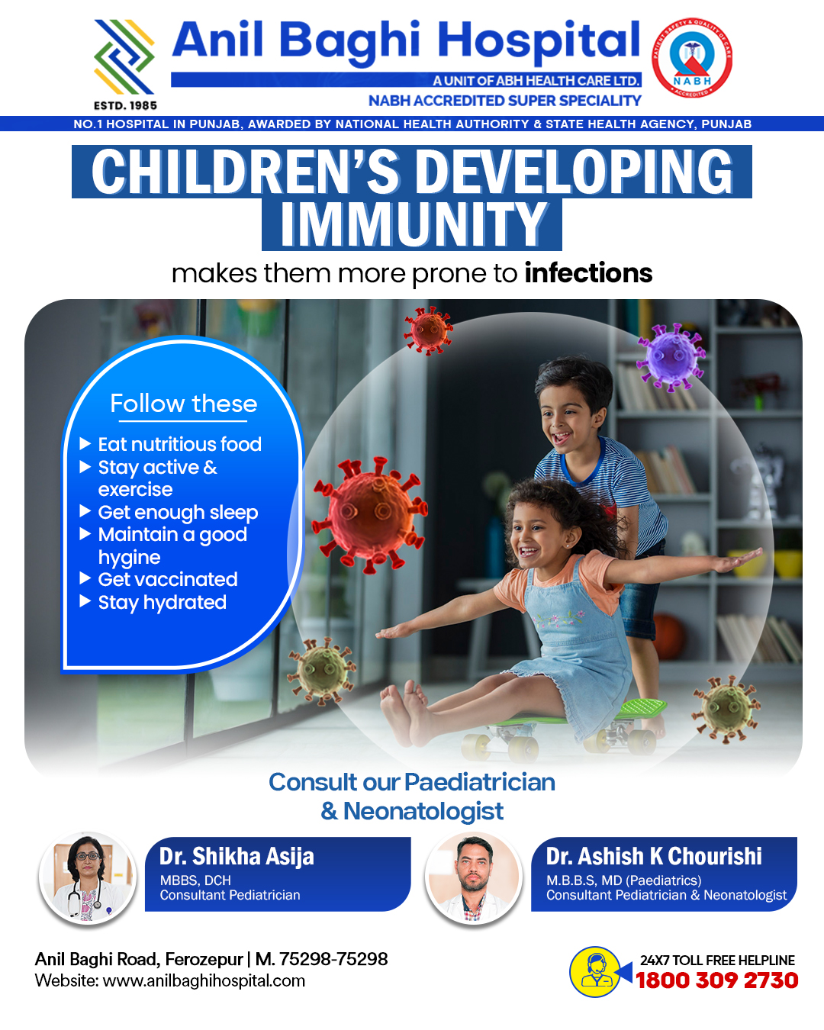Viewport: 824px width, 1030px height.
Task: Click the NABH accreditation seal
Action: tap(692, 58)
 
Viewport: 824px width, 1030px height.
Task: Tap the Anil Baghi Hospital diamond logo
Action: tap(124, 57)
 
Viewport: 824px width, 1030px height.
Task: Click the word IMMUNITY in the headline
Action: tap(412, 224)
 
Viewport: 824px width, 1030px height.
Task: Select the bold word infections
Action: tap(588, 273)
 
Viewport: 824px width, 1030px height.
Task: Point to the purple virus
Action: tap(671, 357)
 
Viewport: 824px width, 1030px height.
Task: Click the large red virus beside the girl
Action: tap(369, 514)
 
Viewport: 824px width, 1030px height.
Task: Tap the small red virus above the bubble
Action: tap(428, 330)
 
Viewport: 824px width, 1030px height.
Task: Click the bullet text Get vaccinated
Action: tap(168, 579)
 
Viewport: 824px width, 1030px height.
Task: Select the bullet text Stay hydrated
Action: tap(163, 603)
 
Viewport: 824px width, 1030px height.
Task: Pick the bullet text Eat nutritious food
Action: tap(180, 444)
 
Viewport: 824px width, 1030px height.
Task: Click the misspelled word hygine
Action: tap(129, 558)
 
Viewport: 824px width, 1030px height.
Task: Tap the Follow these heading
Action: tap(184, 404)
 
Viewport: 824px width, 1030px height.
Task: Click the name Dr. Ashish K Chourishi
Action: tap(654, 856)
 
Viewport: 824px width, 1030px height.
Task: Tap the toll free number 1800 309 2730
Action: tap(716, 980)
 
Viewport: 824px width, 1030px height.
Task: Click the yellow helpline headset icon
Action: tap(594, 972)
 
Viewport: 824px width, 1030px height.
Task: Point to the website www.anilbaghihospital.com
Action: tap(204, 980)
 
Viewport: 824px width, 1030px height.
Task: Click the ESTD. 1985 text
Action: tap(125, 105)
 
